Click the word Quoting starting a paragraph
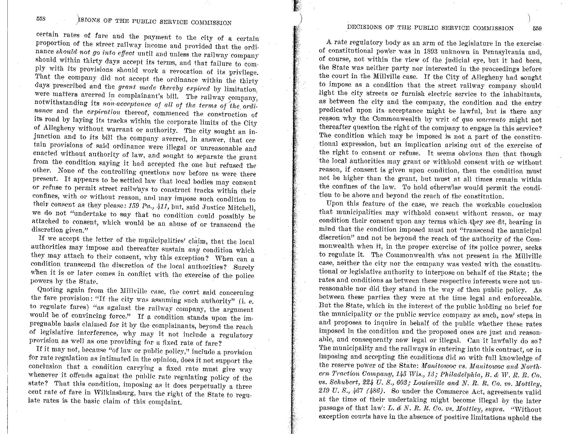click(50, 290)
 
